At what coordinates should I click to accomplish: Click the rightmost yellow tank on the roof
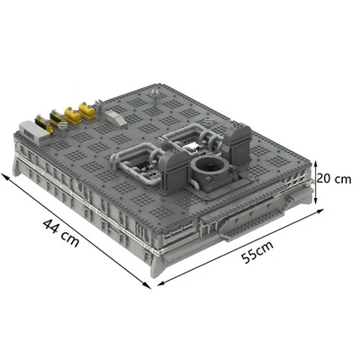(x=87, y=111)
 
